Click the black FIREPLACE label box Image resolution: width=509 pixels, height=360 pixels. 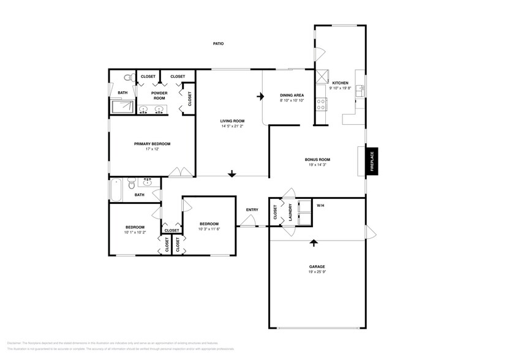[372, 162]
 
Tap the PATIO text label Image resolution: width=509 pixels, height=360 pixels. [217, 43]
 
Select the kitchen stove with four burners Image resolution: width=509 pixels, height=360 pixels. [321, 103]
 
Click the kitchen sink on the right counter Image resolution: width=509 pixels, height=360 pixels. [361, 90]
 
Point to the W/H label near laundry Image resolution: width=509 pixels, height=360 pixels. [320, 205]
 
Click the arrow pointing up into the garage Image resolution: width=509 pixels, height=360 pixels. [314, 242]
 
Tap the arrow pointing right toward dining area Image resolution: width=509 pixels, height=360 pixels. [260, 96]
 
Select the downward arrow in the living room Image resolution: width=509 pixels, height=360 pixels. [232, 174]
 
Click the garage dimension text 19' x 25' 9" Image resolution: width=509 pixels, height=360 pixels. [317, 272]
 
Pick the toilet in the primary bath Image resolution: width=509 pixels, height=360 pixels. [127, 79]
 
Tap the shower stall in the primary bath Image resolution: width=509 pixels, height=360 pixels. [122, 108]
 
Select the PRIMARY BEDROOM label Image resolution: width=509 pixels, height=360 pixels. [152, 143]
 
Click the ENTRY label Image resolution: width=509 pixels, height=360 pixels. [252, 209]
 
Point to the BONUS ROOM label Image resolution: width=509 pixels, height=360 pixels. [317, 159]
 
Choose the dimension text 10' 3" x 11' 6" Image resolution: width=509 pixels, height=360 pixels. [209, 229]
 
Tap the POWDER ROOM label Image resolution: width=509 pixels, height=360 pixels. [159, 95]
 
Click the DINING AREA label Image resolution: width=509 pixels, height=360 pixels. [292, 95]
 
